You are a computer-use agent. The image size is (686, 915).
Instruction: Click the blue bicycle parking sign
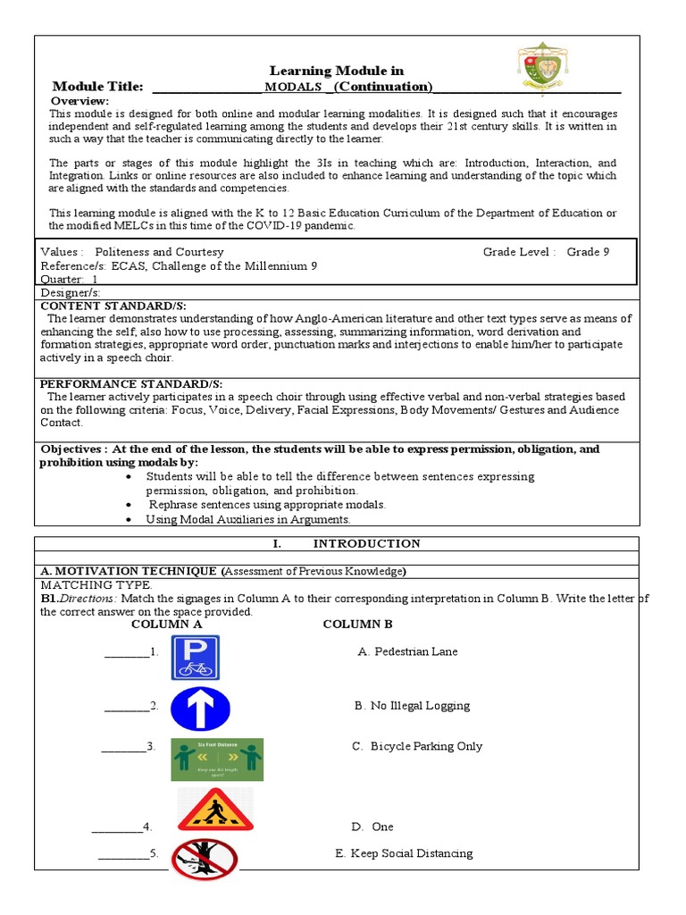pyautogui.click(x=196, y=658)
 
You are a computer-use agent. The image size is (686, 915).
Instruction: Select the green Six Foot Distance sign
pyautogui.click(x=217, y=759)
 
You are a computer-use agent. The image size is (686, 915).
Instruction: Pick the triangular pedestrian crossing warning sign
pyautogui.click(x=215, y=810)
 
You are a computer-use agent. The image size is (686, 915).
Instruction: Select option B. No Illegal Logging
pyautogui.click(x=411, y=706)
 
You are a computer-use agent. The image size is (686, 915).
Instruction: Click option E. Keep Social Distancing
pyautogui.click(x=404, y=853)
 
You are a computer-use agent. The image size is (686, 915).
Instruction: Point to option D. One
pyautogui.click(x=372, y=827)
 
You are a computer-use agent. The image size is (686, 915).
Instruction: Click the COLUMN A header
pyautogui.click(x=166, y=625)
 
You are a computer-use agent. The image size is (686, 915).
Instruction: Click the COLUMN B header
pyautogui.click(x=357, y=625)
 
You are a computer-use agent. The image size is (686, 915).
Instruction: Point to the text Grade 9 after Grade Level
pyautogui.click(x=589, y=252)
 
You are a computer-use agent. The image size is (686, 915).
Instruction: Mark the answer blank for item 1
pyautogui.click(x=126, y=652)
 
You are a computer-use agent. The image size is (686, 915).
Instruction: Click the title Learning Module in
pyautogui.click(x=337, y=71)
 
